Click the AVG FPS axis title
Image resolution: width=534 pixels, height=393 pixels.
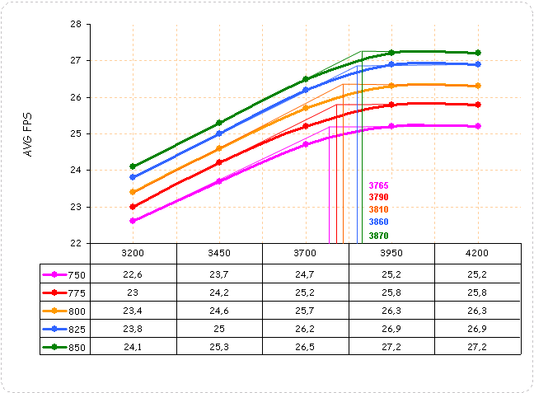[29, 133]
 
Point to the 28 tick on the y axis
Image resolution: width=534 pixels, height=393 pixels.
[75, 24]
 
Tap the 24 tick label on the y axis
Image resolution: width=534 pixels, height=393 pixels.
[75, 170]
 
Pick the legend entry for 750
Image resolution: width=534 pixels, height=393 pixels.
[65, 274]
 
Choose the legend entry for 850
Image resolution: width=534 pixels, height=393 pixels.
[65, 347]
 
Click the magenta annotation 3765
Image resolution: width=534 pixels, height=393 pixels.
[379, 185]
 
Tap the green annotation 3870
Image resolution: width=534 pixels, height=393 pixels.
[379, 236]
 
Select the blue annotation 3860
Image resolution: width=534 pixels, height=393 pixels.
[379, 222]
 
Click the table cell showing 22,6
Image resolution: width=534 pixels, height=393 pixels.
[133, 274]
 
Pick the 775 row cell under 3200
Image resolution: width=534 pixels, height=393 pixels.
[133, 292]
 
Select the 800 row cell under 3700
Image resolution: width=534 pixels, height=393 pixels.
[305, 311]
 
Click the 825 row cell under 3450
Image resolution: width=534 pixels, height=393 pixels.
[219, 329]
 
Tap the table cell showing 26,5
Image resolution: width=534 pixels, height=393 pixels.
[305, 347]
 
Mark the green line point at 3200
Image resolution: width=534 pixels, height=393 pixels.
[133, 166]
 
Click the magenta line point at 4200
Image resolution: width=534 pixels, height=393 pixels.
[478, 126]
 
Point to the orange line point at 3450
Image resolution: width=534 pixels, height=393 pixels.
[219, 148]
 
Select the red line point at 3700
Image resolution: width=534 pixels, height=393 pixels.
[305, 126]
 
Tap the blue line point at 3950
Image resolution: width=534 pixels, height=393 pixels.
[391, 64]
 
